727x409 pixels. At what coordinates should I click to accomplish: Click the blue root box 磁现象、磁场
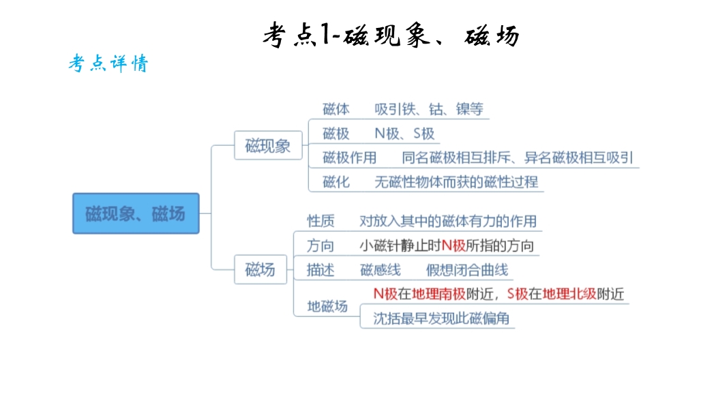[x=136, y=213]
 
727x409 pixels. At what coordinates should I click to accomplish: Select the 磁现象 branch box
[x=268, y=145]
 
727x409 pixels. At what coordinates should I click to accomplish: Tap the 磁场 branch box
[x=261, y=269]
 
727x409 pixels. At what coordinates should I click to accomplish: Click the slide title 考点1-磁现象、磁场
[x=391, y=35]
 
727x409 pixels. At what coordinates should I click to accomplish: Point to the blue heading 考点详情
[x=108, y=64]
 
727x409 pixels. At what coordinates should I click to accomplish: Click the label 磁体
[x=336, y=109]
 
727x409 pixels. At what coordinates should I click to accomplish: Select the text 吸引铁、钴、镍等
[x=428, y=109]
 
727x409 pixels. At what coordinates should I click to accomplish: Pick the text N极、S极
[x=404, y=134]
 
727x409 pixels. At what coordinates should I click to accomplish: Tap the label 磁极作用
[x=349, y=157]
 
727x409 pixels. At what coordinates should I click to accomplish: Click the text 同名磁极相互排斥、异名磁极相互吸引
[x=517, y=157]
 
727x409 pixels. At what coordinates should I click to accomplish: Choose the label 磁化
[x=336, y=182]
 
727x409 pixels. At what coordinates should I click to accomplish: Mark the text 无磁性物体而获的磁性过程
[x=456, y=182]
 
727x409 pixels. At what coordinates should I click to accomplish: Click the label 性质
[x=321, y=221]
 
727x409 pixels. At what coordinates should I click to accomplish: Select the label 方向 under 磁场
[x=321, y=245]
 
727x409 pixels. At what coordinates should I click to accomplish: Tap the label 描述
[x=321, y=270]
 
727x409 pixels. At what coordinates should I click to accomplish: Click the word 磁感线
[x=381, y=270]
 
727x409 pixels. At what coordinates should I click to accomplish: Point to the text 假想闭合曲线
[x=467, y=270]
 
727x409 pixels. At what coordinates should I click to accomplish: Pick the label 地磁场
[x=327, y=306]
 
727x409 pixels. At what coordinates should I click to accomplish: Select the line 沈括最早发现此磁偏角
[x=441, y=318]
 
